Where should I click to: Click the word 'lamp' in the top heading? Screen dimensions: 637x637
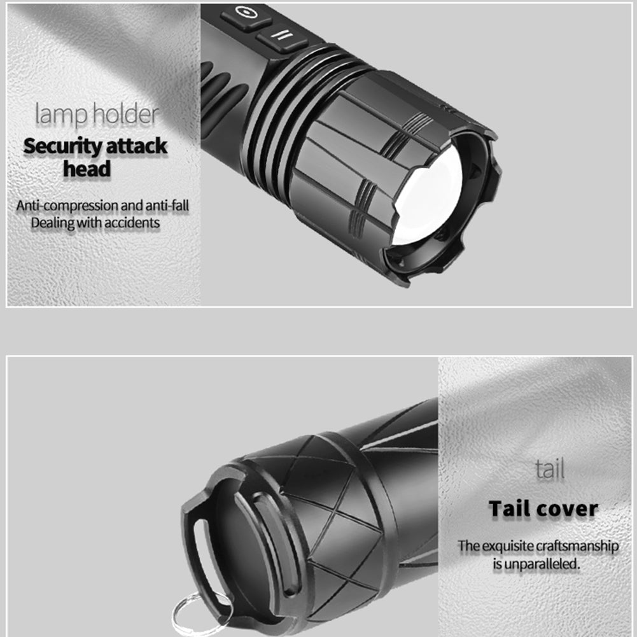coord(60,115)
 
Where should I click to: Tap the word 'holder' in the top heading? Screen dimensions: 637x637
coord(125,113)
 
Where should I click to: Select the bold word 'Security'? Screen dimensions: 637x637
coord(62,146)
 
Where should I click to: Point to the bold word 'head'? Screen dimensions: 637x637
coord(87,169)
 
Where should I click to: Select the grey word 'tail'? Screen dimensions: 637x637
coord(550,469)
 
